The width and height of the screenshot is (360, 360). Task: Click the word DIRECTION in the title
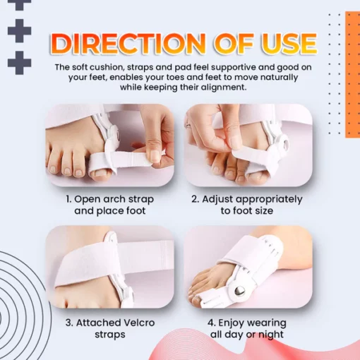[127, 44]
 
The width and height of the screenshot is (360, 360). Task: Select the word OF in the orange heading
[234, 44]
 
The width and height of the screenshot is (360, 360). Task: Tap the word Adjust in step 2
[217, 199]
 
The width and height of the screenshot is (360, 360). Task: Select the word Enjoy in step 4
[232, 323]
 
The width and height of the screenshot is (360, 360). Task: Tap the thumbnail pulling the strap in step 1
[154, 157]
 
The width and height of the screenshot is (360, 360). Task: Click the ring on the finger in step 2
[188, 124]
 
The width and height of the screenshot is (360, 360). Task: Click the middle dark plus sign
[19, 30]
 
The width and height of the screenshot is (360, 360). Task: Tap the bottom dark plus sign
[19, 63]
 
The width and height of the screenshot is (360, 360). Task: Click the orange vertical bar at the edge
[352, 75]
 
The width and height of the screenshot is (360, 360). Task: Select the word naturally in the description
[279, 78]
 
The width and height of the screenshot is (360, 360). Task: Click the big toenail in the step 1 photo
[101, 174]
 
